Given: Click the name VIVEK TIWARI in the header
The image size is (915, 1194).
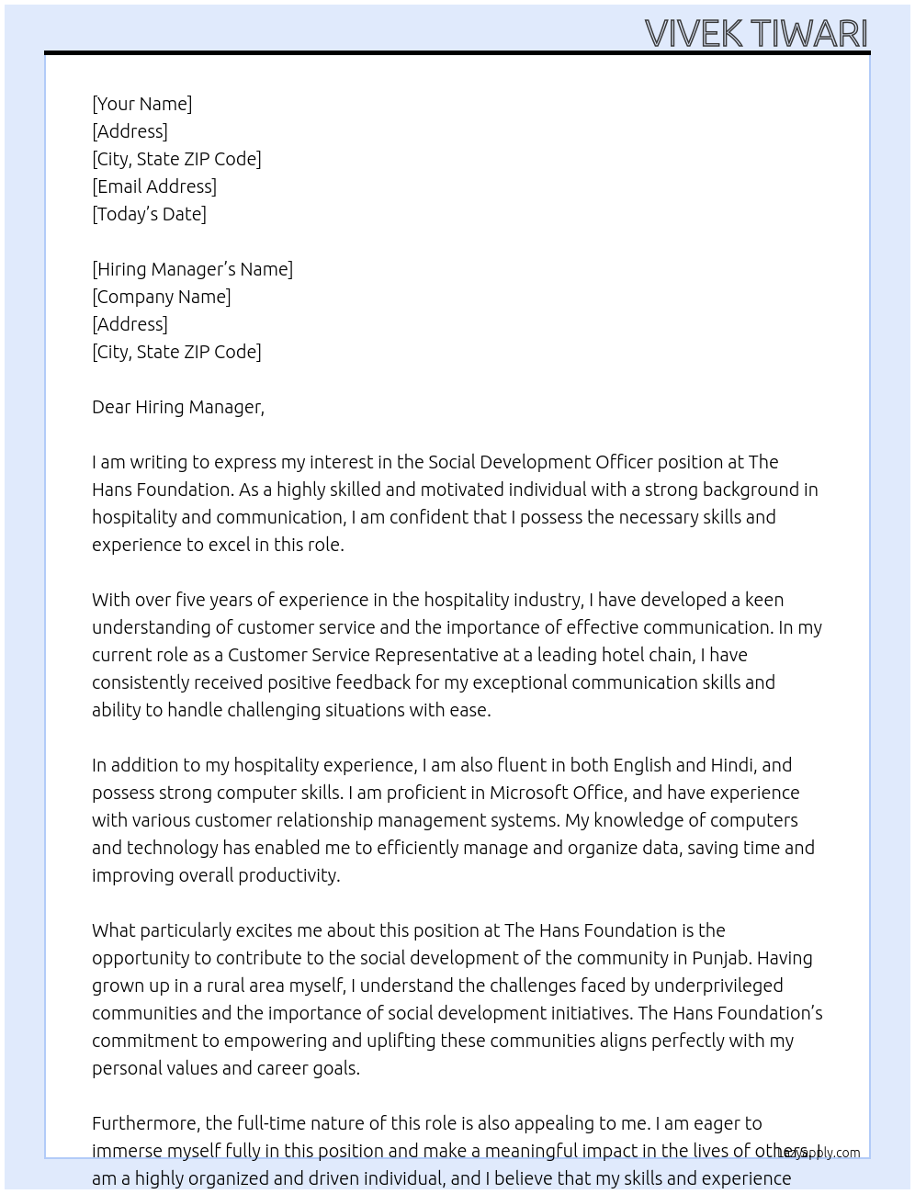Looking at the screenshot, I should (756, 33).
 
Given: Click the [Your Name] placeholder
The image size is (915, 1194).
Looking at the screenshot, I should (141, 104).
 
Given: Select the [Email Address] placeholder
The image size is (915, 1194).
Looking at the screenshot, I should (154, 186).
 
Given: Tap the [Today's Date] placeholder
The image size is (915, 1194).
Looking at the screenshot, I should (149, 214).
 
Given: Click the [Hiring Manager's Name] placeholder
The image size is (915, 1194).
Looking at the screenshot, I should (192, 269).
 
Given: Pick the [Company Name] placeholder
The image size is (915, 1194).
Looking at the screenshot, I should (161, 297).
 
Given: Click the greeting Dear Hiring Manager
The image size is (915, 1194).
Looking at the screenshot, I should (177, 407).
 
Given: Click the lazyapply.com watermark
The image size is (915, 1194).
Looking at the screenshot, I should (819, 1153).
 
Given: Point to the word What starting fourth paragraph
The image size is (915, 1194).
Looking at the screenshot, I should (113, 930).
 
